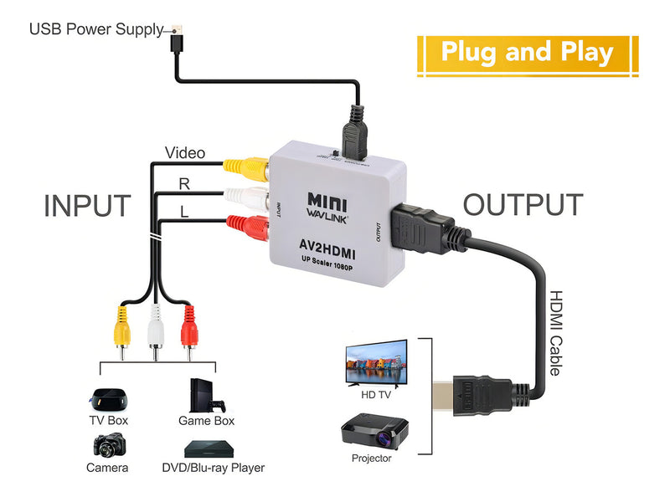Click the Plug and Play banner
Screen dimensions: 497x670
(528, 53)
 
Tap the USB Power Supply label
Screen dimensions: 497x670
(95, 29)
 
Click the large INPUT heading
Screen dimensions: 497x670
(87, 205)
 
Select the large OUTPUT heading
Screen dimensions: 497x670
(523, 205)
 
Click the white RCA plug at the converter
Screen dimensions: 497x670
(246, 197)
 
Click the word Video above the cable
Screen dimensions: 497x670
(184, 153)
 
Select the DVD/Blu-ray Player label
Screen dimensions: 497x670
(213, 468)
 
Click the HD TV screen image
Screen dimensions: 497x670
(376, 361)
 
